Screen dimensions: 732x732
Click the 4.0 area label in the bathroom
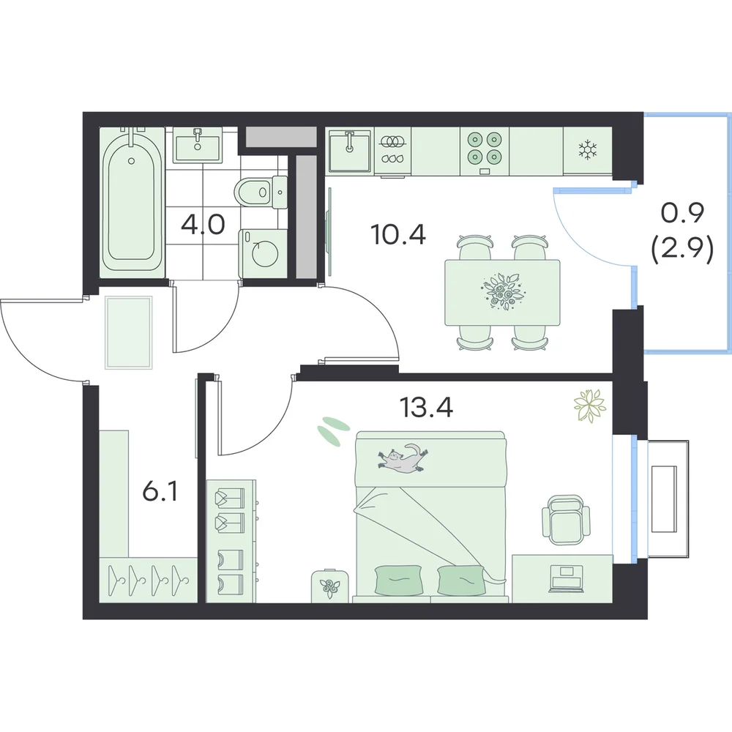point(203,225)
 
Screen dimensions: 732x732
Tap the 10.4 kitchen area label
point(398,234)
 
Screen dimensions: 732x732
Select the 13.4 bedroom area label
point(427,407)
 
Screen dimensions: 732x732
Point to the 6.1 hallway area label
point(160,492)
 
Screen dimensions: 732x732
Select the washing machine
point(263,253)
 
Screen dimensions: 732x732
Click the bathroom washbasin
point(198,145)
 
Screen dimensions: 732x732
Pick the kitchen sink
point(350,150)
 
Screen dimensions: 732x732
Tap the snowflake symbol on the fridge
point(588,150)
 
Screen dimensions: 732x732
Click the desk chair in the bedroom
point(565,519)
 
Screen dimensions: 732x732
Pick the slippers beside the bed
point(333,429)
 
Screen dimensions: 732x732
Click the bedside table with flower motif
point(329,586)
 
